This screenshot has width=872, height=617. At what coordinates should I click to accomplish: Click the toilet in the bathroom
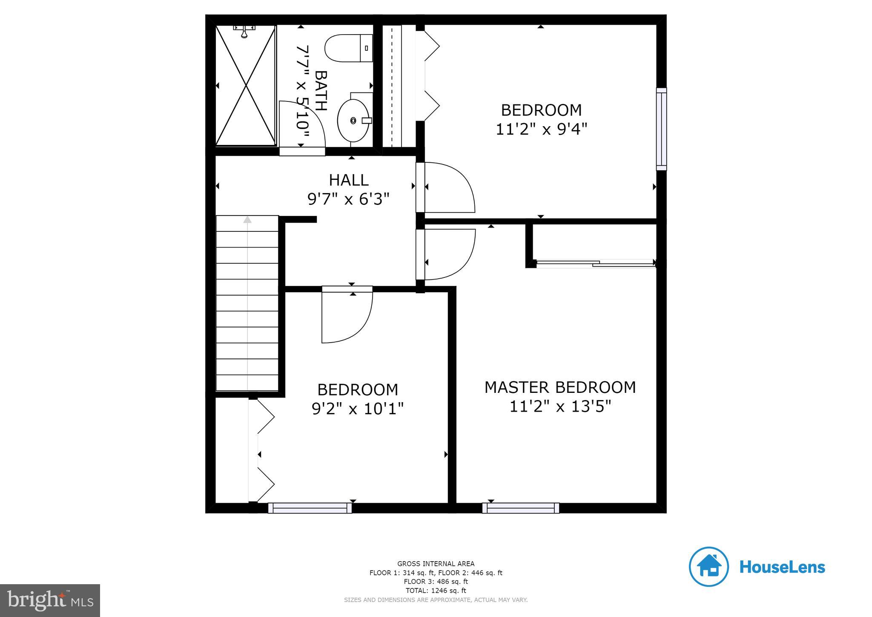pos(348,48)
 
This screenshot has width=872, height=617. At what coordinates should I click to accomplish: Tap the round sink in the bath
pos(353,121)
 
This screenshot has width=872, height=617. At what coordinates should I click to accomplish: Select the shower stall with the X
pos(246,85)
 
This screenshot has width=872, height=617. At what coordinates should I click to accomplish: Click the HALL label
pos(349,180)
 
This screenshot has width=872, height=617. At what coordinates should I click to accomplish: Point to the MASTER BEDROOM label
pos(560,387)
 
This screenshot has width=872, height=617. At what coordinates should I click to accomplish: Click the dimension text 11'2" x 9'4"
pos(541,129)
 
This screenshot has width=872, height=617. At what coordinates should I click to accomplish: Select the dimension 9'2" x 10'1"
pos(357,409)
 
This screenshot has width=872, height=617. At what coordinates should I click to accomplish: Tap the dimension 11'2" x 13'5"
pos(560,407)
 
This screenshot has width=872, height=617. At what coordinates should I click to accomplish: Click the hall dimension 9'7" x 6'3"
pos(348,199)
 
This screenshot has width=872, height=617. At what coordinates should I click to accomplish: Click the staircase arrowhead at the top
pos(247,220)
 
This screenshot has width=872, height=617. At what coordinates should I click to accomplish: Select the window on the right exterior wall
pos(661,129)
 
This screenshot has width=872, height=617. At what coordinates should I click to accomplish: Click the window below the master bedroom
pos(520,507)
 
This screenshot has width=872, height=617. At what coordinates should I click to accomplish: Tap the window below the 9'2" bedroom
pos(310,507)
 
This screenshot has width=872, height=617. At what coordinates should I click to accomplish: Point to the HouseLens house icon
pos(708,567)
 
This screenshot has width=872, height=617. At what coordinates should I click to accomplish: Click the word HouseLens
pos(782,567)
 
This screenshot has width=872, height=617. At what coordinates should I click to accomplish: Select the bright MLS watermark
pos(50,600)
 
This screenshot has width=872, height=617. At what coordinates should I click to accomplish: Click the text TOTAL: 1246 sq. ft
pos(436,591)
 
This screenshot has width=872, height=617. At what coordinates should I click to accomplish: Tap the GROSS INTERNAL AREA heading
pos(436,564)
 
